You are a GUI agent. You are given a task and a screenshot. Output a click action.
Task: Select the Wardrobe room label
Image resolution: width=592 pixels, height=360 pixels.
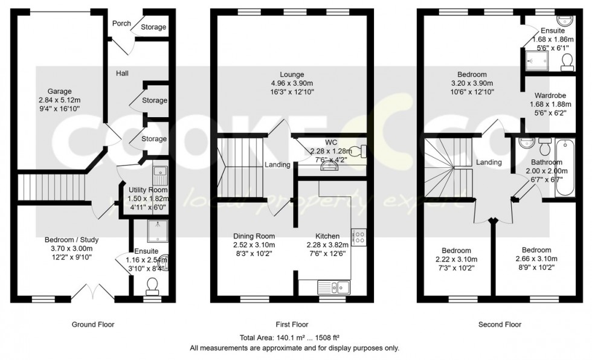tap(550, 95)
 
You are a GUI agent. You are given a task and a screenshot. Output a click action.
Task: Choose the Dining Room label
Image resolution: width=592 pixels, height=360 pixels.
tap(254, 236)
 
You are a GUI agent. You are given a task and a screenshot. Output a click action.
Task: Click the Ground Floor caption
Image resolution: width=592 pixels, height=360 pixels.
tap(93, 324)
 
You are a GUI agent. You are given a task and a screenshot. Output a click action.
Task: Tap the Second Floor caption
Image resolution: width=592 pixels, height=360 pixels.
tap(500, 324)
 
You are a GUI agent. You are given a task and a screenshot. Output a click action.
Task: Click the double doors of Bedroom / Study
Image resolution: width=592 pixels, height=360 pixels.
tap(94, 292)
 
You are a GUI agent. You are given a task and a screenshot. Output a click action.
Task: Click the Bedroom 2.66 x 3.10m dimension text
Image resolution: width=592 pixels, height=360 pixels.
tap(536, 259)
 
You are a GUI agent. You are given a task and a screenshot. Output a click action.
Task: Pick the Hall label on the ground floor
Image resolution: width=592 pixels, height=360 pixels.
tap(123, 73)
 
